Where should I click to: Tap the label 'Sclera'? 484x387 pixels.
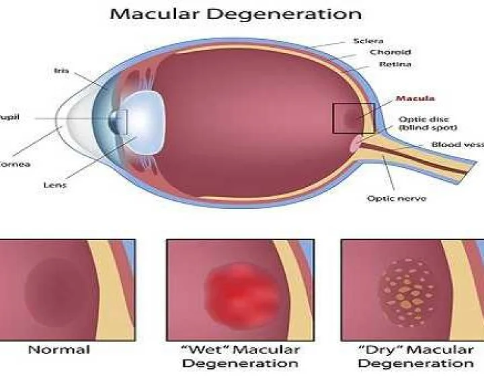tap(368, 40)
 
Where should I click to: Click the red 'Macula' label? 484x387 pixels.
tap(415, 99)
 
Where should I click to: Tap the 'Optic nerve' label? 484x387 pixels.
tap(396, 198)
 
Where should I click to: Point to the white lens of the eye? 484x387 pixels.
tap(142, 122)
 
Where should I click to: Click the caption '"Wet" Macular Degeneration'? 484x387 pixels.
tap(240, 356)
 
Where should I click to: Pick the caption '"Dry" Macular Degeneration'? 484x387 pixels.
tap(415, 356)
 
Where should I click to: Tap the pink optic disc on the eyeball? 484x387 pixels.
tap(354, 142)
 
